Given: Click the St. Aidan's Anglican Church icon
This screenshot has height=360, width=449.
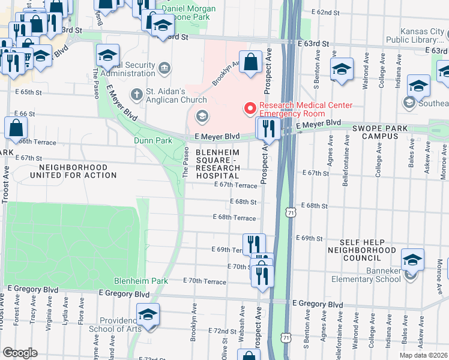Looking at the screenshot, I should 136,93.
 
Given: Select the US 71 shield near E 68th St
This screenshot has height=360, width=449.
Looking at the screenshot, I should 291,212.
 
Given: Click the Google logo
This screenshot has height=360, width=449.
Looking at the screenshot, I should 19,353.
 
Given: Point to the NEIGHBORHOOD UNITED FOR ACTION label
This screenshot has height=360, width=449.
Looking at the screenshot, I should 77,171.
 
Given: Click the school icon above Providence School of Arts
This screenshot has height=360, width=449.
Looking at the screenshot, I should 148,316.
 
